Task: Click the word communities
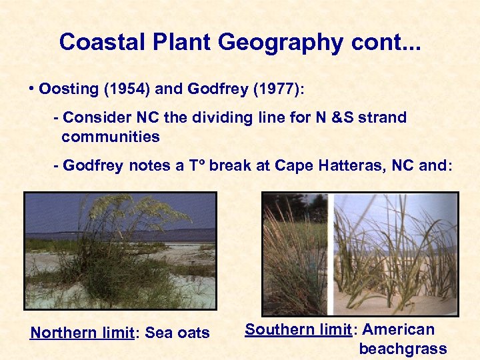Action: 111,137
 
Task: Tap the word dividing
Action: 222,118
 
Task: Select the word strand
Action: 382,118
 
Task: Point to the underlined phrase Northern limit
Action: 82,333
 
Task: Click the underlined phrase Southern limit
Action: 298,329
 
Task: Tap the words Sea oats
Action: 179,333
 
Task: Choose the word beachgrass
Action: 403,348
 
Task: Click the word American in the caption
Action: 398,329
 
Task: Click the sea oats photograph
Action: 120,251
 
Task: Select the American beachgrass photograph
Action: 360,253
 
